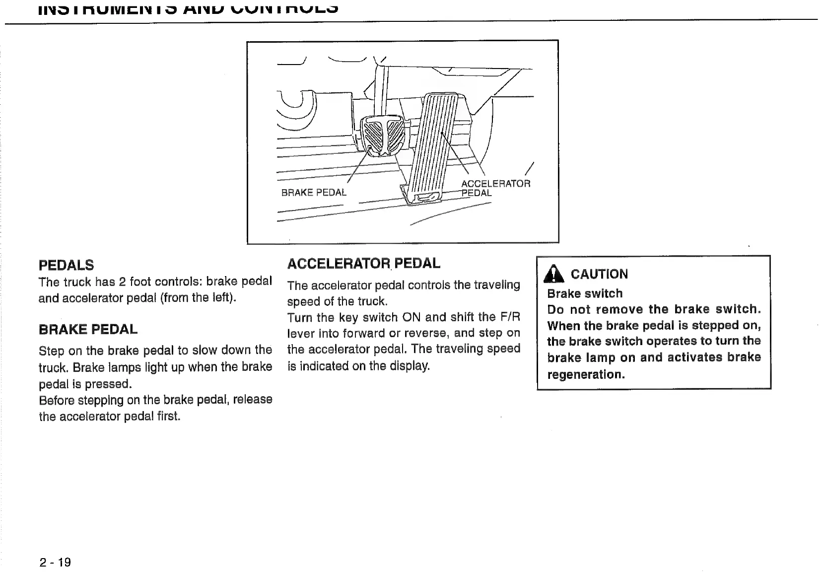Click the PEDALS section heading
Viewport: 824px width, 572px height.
click(66, 265)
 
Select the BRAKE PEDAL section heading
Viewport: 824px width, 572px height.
click(88, 330)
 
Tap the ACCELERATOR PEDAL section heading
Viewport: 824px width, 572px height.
click(363, 263)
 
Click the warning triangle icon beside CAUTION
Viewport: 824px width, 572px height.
click(554, 274)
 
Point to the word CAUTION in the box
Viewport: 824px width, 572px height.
click(599, 274)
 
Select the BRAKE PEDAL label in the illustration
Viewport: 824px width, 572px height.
click(314, 193)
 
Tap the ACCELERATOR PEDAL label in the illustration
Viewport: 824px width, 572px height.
click(495, 188)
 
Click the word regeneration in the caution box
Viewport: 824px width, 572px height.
click(585, 374)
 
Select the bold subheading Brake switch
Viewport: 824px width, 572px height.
click(584, 293)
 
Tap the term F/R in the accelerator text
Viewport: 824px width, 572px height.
click(510, 317)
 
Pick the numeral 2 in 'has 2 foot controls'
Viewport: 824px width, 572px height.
click(122, 282)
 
